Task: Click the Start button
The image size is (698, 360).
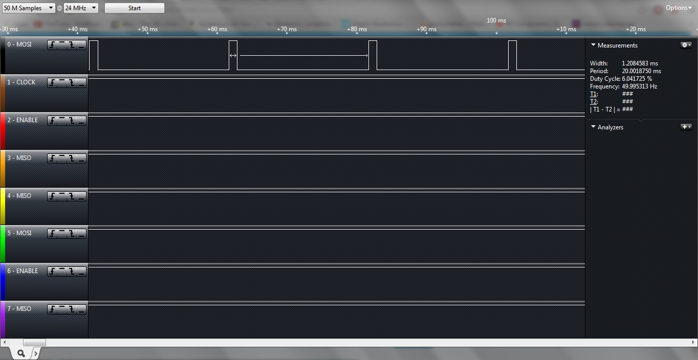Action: (135, 8)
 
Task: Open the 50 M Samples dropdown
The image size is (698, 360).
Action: (28, 8)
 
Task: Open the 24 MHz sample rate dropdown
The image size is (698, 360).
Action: (81, 8)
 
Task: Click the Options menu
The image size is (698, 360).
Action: (679, 8)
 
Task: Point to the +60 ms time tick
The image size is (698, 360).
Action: (217, 30)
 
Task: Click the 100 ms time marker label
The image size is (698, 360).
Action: (496, 21)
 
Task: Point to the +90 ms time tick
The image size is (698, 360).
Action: (427, 30)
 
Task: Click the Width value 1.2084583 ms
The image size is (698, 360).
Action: (640, 63)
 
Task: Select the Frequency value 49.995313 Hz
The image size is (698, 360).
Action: (639, 86)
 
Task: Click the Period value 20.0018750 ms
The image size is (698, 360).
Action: (641, 71)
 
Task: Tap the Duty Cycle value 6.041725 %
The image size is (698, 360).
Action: (637, 79)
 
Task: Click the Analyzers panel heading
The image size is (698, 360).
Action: (610, 127)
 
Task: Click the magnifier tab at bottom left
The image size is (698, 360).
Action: (21, 353)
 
